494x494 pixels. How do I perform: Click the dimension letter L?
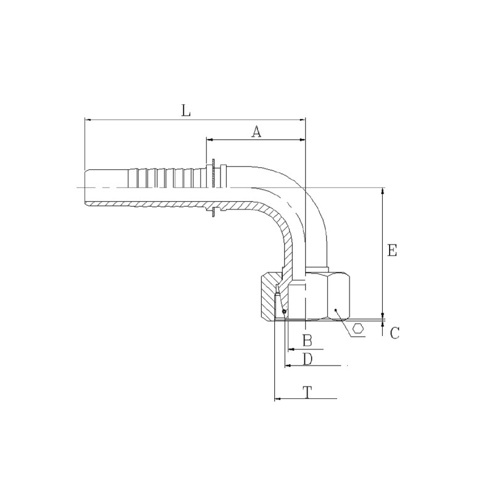tap(186, 111)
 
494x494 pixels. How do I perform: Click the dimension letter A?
tap(256, 132)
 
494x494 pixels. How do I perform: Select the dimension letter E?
tap(392, 251)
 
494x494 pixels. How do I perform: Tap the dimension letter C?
tap(395, 333)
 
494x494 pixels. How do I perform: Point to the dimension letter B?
tap(307, 341)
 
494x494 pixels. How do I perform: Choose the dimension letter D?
tap(308, 359)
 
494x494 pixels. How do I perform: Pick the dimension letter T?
tap(307, 392)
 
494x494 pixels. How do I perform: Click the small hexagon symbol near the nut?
tap(358, 329)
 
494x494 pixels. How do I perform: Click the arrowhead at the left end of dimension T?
tap(277, 399)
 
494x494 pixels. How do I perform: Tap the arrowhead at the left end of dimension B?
tap(291, 350)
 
